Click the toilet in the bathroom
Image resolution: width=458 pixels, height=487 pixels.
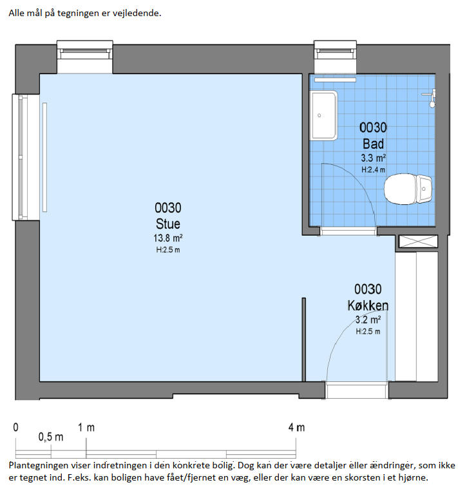point(408,189)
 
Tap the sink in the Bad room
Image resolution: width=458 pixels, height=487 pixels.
point(323,115)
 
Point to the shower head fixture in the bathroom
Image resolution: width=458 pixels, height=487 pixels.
point(430,98)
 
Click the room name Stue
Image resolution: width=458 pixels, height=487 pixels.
point(167,224)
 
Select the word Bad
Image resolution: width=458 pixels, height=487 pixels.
point(373,144)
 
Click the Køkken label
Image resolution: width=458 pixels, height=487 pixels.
point(368,305)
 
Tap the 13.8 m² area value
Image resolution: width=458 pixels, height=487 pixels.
point(167,238)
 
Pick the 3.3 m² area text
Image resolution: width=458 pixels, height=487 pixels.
point(373,158)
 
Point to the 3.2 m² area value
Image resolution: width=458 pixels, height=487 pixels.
point(368,320)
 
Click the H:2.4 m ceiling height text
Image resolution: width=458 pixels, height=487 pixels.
point(373,170)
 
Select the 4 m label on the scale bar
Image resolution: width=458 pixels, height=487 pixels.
point(296,428)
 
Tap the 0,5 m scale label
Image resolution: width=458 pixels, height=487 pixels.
point(51,437)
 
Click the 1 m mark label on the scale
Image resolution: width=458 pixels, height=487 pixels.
point(86,428)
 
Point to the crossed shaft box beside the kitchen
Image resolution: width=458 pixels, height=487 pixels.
point(418,242)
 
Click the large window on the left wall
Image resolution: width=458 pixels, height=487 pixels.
point(26,157)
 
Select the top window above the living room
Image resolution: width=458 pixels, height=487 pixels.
point(85,57)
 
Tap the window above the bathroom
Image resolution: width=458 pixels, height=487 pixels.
point(335,57)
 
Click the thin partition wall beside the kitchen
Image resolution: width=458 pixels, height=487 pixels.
point(303,339)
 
